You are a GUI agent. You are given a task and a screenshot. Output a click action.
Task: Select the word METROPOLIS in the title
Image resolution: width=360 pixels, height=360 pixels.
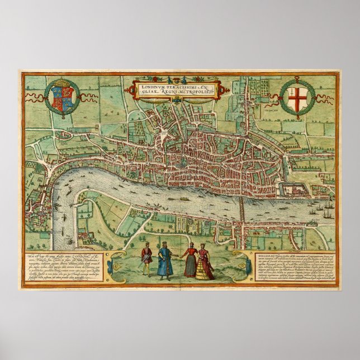195,93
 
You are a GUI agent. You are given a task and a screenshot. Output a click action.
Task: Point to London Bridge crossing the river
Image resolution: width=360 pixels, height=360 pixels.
241,207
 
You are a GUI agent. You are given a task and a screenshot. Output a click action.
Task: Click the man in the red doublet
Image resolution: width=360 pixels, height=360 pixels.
145,260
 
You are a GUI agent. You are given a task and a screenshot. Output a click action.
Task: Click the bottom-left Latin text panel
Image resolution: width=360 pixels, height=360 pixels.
61,266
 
